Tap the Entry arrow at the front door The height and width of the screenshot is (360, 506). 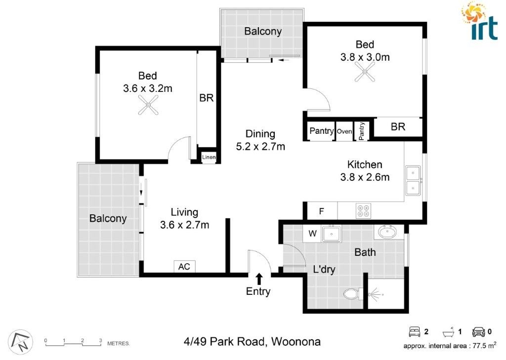259,278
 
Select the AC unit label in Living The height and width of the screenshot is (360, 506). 184,267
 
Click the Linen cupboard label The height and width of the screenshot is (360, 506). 209,157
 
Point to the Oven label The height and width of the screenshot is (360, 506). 344,131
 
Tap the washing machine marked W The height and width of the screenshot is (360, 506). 312,233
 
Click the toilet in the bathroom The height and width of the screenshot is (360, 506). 351,294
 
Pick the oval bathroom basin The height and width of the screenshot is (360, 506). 387,232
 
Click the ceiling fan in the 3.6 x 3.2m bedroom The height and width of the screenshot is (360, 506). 148,105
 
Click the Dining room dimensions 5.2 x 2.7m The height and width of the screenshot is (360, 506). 260,146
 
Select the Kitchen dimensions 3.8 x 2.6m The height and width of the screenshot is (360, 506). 365,177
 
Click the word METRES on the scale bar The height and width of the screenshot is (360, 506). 119,342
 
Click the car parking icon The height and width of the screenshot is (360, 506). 478,331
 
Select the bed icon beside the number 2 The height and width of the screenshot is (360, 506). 414,331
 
